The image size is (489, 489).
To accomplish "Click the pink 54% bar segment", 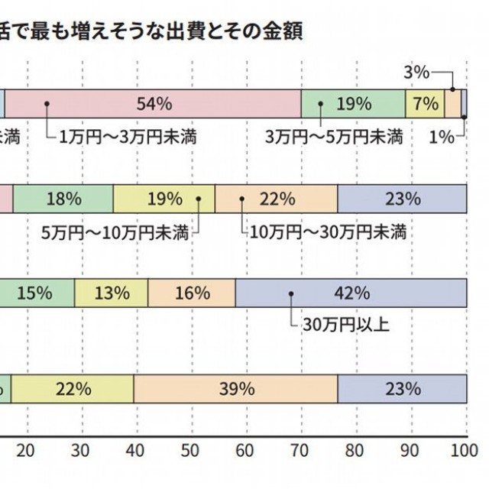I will pyautogui.click(x=153, y=103).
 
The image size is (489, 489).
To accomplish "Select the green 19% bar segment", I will pyautogui.click(x=352, y=103).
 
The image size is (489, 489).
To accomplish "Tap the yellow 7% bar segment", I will pyautogui.click(x=425, y=103).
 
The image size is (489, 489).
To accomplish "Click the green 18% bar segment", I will pyautogui.click(x=63, y=199).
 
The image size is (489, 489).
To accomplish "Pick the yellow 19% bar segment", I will pyautogui.click(x=164, y=199).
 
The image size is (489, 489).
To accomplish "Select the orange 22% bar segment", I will pyautogui.click(x=276, y=199).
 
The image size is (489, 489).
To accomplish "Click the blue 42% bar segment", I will pyautogui.click(x=351, y=293).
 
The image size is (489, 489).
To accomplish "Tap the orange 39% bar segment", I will pyautogui.click(x=235, y=388).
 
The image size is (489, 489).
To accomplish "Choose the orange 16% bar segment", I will pyautogui.click(x=192, y=293).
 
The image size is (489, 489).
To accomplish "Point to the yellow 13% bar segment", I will pyautogui.click(x=112, y=293).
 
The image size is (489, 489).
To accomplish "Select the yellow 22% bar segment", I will pyautogui.click(x=73, y=388).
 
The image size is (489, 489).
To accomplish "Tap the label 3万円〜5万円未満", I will pyautogui.click(x=334, y=138).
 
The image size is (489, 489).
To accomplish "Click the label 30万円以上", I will pyautogui.click(x=345, y=325).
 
